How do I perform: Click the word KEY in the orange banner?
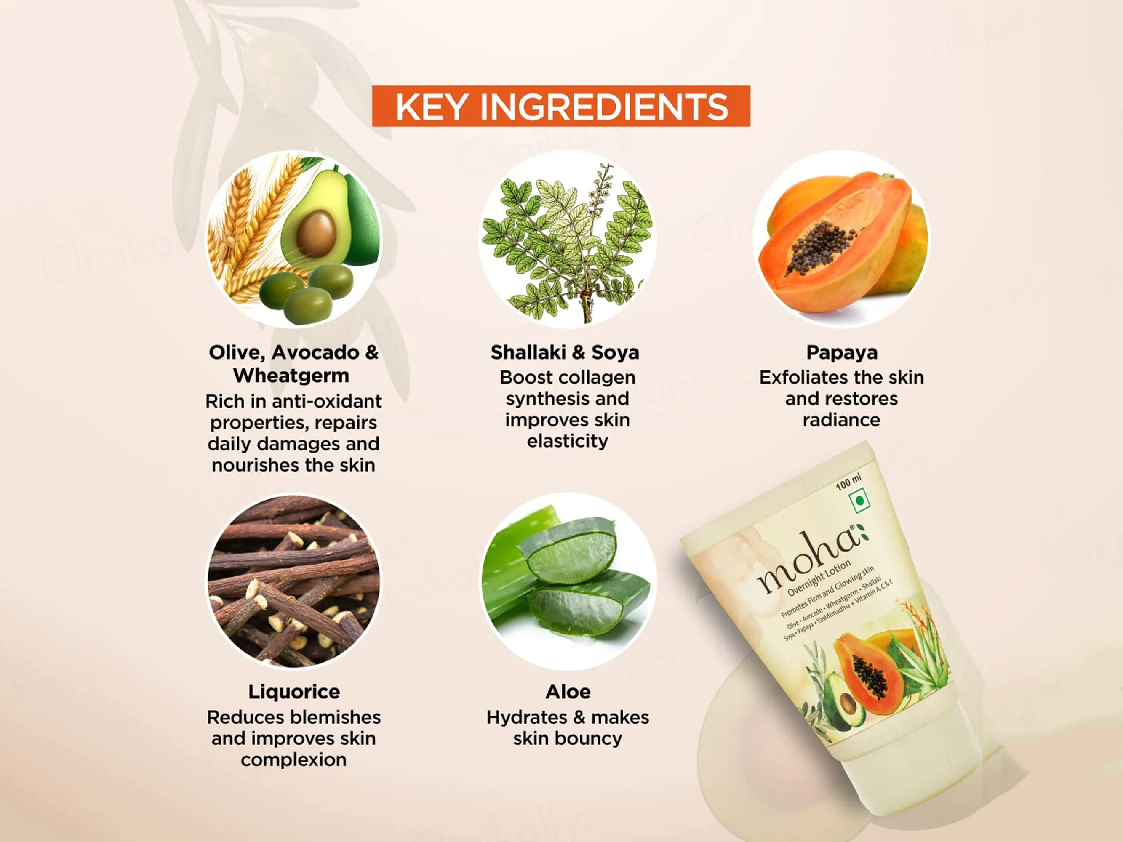pyautogui.click(x=431, y=107)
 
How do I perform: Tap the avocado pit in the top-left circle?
pyautogui.click(x=316, y=232)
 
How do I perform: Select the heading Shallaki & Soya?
pyautogui.click(x=565, y=352)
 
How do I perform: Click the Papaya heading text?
pyautogui.click(x=842, y=353)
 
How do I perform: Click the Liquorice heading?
pyautogui.click(x=294, y=692)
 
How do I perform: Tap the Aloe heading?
pyautogui.click(x=568, y=692)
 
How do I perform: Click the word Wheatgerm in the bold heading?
pyautogui.click(x=291, y=376)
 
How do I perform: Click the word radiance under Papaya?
pyautogui.click(x=841, y=420)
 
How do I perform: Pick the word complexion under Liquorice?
pyautogui.click(x=294, y=760)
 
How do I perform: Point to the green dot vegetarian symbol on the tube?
pyautogui.click(x=859, y=501)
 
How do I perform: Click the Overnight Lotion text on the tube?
pyautogui.click(x=819, y=578)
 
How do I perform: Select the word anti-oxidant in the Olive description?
pyautogui.click(x=327, y=402)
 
